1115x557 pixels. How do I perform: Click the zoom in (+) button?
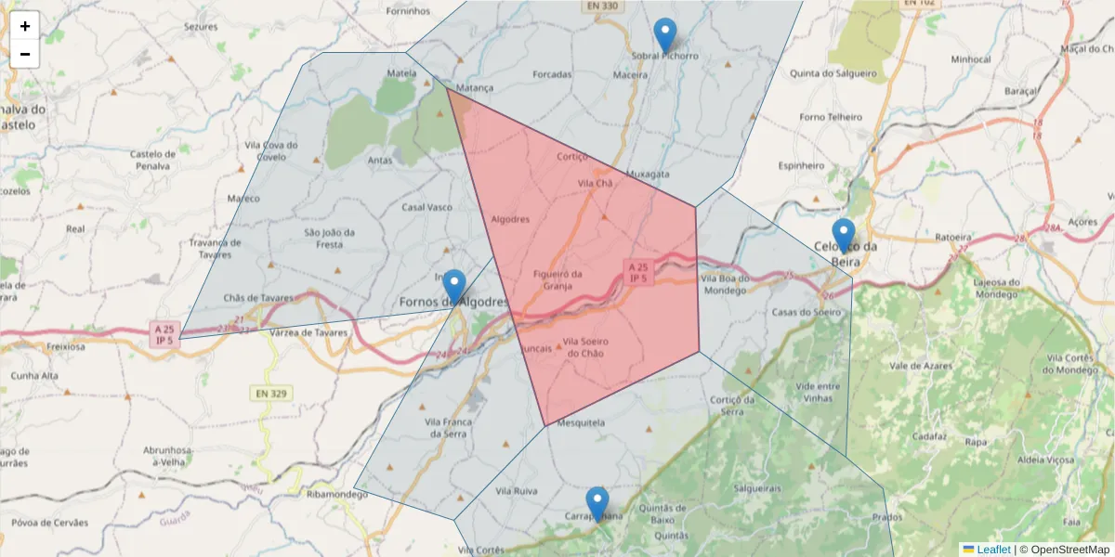pos(25,26)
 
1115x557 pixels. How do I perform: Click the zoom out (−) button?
pos(25,54)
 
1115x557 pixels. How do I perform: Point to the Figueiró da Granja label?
pos(557,279)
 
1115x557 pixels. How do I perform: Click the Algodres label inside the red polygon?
pos(509,220)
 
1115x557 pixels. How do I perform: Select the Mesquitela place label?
pos(581,423)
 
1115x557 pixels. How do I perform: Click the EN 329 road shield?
pos(270,394)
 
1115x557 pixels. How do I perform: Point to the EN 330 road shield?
pos(601,6)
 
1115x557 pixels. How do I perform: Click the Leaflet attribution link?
pos(993,550)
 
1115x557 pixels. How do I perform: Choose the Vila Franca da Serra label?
pos(449,428)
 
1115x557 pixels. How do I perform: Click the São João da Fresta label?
pos(329,239)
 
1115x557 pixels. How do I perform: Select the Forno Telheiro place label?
pos(831,118)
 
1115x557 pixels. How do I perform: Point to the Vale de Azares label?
pos(922,367)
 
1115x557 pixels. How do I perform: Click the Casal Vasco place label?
pos(426,207)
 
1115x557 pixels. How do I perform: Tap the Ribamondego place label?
pos(337,495)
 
